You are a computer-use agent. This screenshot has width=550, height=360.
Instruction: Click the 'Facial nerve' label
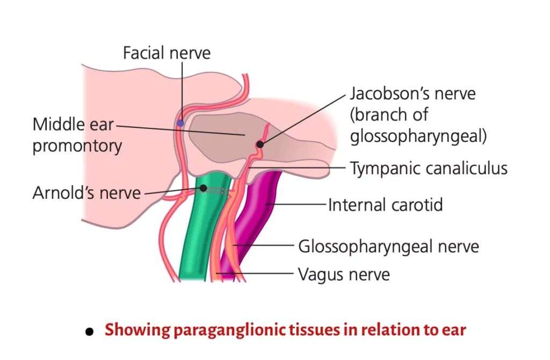click(x=167, y=53)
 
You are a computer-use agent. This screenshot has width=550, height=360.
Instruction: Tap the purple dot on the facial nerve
click(x=180, y=123)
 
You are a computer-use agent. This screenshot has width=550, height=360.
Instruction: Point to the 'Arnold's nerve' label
click(x=86, y=192)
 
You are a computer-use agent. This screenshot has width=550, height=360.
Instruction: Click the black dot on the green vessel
click(x=204, y=188)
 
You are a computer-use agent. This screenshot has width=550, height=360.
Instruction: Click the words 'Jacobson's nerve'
click(x=412, y=93)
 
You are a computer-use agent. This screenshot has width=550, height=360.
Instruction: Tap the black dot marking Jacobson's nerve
click(x=260, y=144)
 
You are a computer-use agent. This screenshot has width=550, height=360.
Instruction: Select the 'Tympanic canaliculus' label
click(x=428, y=168)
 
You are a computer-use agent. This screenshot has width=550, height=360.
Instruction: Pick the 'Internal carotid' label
click(x=385, y=205)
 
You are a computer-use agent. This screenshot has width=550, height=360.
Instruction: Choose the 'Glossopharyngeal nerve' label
click(x=388, y=247)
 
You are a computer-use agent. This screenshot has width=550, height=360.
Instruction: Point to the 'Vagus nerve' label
click(x=344, y=275)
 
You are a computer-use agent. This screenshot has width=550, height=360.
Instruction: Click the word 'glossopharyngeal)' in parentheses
click(x=418, y=136)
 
